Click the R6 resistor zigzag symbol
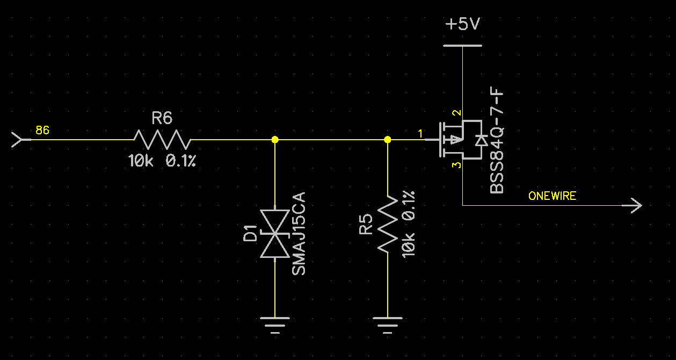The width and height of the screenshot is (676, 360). pyautogui.click(x=162, y=139)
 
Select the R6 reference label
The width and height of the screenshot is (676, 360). pyautogui.click(x=162, y=118)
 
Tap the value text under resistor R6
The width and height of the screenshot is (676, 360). pyautogui.click(x=162, y=160)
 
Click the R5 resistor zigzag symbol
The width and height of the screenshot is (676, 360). pyautogui.click(x=388, y=224)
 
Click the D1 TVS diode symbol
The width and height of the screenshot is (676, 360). pyautogui.click(x=274, y=234)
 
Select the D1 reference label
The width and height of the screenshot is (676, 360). pyautogui.click(x=250, y=234)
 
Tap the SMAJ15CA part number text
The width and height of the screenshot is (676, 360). pyautogui.click(x=299, y=233)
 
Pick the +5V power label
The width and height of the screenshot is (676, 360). pyautogui.click(x=462, y=25)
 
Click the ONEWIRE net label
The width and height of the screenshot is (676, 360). pyautogui.click(x=552, y=196)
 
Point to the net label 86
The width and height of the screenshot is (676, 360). pyautogui.click(x=42, y=131)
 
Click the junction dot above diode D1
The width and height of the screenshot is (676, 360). pyautogui.click(x=275, y=139)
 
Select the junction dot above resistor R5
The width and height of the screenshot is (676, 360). pyautogui.click(x=388, y=139)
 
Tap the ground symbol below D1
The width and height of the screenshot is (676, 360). pyautogui.click(x=275, y=324)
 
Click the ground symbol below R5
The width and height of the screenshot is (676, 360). pyautogui.click(x=388, y=324)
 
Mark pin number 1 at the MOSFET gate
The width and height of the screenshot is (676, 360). pyautogui.click(x=421, y=133)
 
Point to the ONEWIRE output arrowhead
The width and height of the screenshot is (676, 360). pyautogui.click(x=635, y=205)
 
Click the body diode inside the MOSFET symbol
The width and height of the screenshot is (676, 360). pyautogui.click(x=481, y=140)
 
